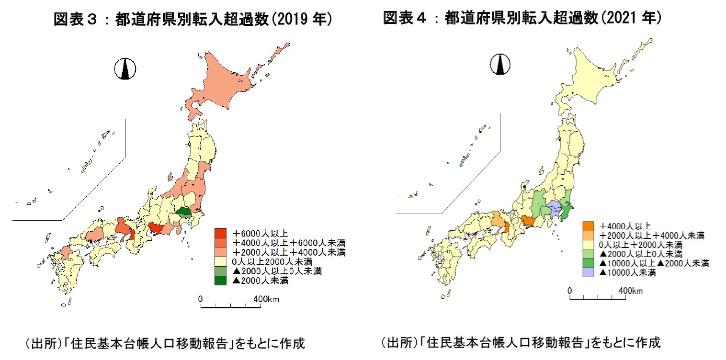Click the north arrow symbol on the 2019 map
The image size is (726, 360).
pyautogui.click(x=125, y=69)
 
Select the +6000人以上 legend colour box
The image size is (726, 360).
pyautogui.click(x=221, y=233)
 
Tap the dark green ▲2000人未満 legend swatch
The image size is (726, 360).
pyautogui.click(x=221, y=281)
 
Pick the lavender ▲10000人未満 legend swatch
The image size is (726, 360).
pyautogui.click(x=589, y=273)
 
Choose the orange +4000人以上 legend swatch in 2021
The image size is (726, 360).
pyautogui.click(x=589, y=225)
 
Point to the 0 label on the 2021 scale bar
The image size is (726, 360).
pyautogui.click(x=569, y=291)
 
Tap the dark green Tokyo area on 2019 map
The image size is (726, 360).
pyautogui.click(x=183, y=211)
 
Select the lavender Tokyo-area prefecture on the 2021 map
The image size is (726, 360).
pyautogui.click(x=555, y=209)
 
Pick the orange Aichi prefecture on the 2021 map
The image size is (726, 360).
pyautogui.click(x=528, y=221)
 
